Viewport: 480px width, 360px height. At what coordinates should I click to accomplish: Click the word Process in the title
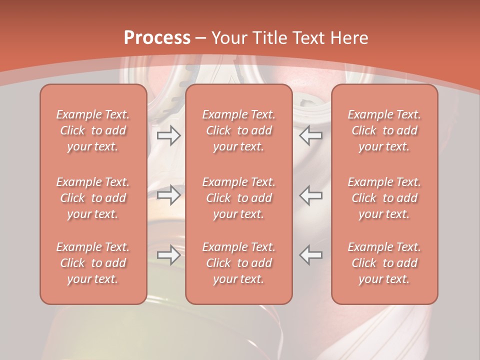tap(157, 38)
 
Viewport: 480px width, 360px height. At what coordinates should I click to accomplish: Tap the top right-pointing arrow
tap(168, 135)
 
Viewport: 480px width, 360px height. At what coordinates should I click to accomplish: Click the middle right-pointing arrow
tap(168, 195)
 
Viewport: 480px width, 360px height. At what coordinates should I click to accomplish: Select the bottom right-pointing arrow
tap(168, 255)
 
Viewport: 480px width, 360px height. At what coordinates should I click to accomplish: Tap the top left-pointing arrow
tap(310, 135)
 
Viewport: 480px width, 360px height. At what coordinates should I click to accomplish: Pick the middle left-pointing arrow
tap(310, 195)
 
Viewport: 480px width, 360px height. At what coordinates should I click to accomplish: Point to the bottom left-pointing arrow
tap(310, 255)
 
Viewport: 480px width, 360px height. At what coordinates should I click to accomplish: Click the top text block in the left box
tap(93, 130)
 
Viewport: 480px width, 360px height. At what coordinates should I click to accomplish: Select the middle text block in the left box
tap(93, 198)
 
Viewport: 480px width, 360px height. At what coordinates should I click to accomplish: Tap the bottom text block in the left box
tap(93, 263)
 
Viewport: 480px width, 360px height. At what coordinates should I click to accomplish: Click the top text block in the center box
tap(238, 130)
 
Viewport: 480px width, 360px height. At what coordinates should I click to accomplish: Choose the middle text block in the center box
tap(238, 198)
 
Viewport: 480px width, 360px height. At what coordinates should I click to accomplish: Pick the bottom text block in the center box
tap(238, 263)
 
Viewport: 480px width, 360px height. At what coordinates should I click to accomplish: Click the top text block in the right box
tap(384, 130)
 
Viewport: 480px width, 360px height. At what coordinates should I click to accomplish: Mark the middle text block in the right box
tap(384, 198)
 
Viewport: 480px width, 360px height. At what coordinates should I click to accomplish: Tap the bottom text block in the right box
tap(384, 263)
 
